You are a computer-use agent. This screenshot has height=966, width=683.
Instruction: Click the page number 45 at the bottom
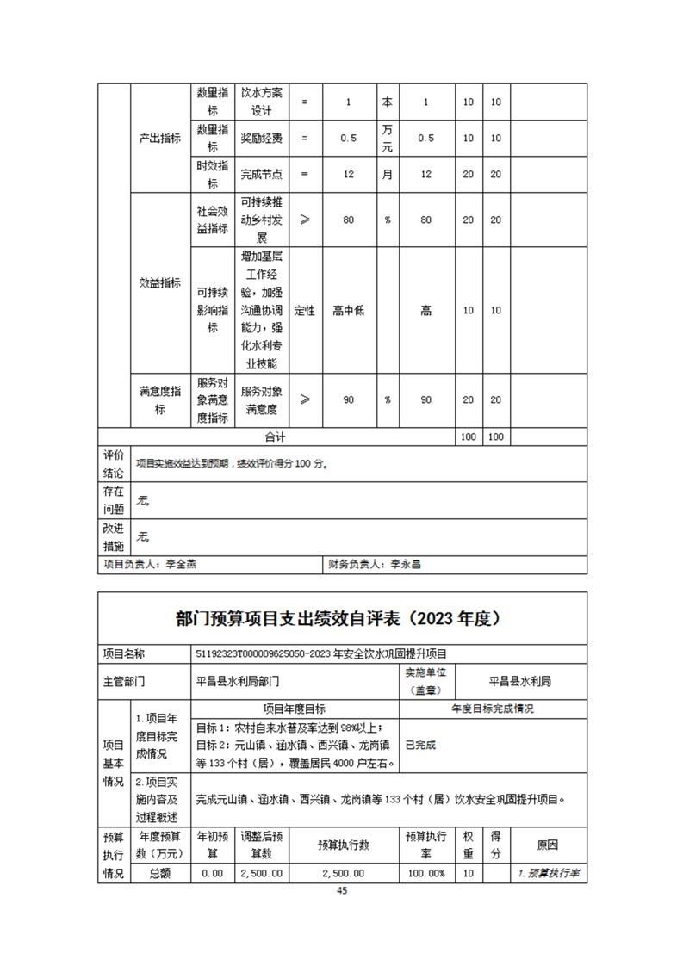pos(342,891)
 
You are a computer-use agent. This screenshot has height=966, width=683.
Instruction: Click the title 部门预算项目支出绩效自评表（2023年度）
pos(342,618)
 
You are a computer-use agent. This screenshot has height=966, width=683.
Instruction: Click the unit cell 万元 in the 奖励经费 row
pos(388,138)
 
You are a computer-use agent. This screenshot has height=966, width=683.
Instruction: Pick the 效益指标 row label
pos(159,283)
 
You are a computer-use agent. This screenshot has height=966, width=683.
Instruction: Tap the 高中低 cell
pos(348,310)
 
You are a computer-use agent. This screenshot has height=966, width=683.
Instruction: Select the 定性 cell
pos(304,310)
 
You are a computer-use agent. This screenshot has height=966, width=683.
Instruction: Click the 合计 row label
pos(275,437)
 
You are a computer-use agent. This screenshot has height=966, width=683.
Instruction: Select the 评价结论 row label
pos(114,463)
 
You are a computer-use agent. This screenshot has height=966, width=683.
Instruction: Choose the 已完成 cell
pos(421,745)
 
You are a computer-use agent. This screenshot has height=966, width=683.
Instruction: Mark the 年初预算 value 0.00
pos(212,872)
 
